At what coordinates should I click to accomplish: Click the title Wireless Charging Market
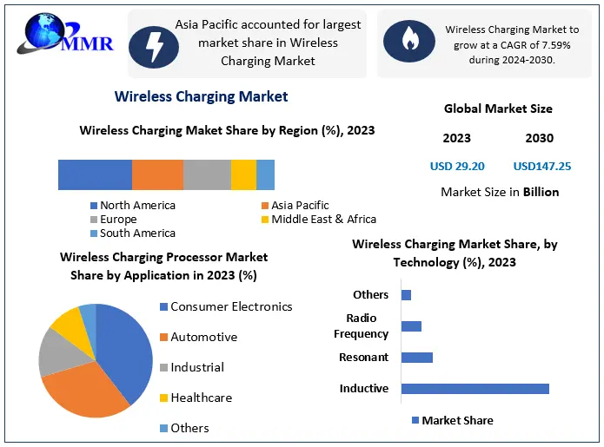tap(201, 96)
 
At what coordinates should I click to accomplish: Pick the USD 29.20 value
tap(457, 166)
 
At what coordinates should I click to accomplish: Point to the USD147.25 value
tap(541, 166)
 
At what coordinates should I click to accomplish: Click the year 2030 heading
tap(539, 138)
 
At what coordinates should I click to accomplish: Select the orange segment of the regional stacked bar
tap(157, 174)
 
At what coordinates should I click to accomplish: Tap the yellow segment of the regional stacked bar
tap(243, 174)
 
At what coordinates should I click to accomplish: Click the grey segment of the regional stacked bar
tap(207, 174)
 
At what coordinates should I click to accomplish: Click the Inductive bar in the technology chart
tap(475, 388)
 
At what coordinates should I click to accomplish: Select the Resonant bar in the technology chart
tap(416, 357)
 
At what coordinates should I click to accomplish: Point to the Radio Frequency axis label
tap(361, 326)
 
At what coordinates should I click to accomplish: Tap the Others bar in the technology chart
tap(406, 295)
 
